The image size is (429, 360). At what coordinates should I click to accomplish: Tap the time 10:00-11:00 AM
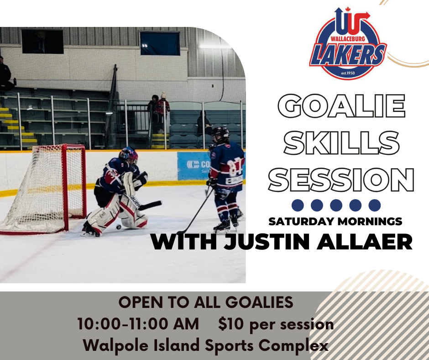(x=138, y=324)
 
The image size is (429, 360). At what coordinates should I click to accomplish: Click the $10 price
(x=228, y=324)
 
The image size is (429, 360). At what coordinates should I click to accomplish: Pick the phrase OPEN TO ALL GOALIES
(x=206, y=302)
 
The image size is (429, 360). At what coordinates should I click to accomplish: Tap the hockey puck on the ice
(x=118, y=227)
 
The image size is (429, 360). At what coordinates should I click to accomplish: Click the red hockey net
(x=50, y=187)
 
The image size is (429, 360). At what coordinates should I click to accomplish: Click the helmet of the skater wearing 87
(x=220, y=133)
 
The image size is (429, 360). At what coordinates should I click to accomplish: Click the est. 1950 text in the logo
(x=348, y=72)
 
